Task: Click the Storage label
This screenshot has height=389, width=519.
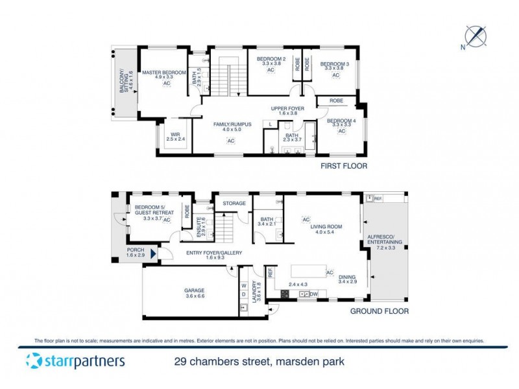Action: pyautogui.click(x=234, y=204)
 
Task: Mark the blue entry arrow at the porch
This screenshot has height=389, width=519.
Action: pyautogui.click(x=154, y=254)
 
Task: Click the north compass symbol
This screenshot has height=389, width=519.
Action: pyautogui.click(x=478, y=35)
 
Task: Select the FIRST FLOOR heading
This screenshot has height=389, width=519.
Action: pyautogui.click(x=344, y=166)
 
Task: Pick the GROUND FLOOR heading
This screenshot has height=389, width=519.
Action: pyautogui.click(x=380, y=311)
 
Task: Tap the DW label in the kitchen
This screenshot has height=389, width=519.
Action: pyautogui.click(x=313, y=294)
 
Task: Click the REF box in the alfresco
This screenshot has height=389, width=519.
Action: pyautogui.click(x=378, y=198)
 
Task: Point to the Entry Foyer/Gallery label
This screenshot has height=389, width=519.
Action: pyautogui.click(x=210, y=253)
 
